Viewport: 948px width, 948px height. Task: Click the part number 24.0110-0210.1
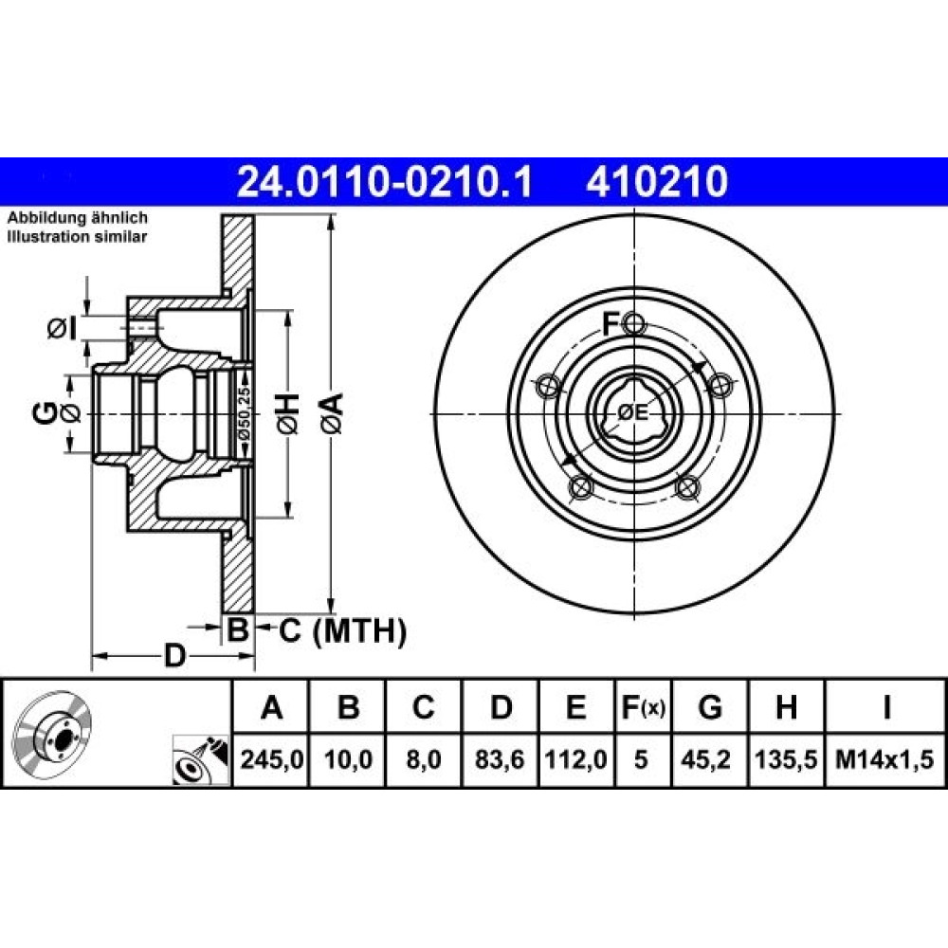point(385,182)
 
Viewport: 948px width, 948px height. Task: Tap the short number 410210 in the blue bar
point(657,182)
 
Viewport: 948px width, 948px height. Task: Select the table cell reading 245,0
point(271,759)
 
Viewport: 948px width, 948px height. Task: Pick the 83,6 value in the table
point(500,759)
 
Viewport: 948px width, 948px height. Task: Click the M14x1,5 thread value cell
point(884,759)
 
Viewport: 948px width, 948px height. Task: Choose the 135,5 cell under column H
point(786,759)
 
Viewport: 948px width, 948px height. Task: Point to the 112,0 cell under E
point(575,759)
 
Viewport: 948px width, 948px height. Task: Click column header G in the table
point(710,707)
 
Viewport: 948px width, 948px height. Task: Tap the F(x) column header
point(644,707)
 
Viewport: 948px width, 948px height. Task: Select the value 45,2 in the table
point(710,759)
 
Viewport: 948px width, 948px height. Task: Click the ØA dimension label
point(332,413)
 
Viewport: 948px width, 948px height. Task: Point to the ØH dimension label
point(288,413)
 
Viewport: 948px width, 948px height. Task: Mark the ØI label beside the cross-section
point(63,329)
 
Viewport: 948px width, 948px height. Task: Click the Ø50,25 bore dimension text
point(244,414)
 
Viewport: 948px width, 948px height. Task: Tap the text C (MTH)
point(343,631)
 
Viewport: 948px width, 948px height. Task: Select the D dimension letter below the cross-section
point(174,655)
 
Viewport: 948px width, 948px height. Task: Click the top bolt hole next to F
point(634,323)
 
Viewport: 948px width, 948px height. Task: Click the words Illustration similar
point(77,236)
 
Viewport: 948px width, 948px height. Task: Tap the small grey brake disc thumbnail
point(53,730)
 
